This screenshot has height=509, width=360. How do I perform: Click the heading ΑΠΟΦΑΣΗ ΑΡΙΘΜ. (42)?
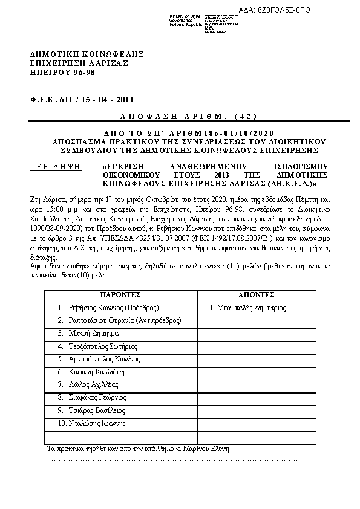click(x=180, y=115)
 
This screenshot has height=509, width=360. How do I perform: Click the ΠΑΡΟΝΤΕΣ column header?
click(x=120, y=295)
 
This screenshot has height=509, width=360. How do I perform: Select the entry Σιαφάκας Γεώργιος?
click(x=97, y=397)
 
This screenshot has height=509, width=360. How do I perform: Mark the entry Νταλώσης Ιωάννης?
click(x=96, y=423)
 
